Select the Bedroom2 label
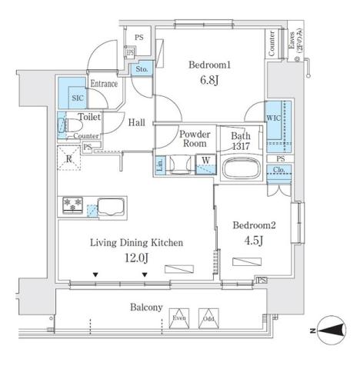pyautogui.click(x=255, y=225)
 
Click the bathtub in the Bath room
pyautogui.click(x=240, y=168)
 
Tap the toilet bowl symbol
pyautogui.click(x=63, y=126)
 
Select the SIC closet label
pyautogui.click(x=78, y=98)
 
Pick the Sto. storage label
pyautogui.click(x=142, y=69)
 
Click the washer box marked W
pyautogui.click(x=206, y=161)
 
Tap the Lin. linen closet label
pyautogui.click(x=160, y=165)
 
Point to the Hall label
pyautogui.click(x=138, y=121)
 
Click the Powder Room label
pyautogui.click(x=195, y=138)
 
